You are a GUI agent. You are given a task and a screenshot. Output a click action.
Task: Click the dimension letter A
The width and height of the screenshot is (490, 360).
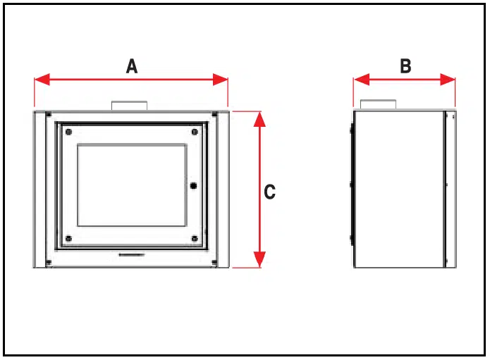coord(132,66)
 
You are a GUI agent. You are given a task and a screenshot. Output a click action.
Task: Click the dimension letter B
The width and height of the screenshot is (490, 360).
coord(405,66)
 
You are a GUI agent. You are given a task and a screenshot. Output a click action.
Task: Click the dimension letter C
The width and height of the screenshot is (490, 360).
coord(270,192)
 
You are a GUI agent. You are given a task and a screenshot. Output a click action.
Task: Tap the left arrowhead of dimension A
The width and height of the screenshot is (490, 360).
coord(42,80)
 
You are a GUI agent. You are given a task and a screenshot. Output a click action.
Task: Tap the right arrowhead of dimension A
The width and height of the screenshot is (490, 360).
coord(220,80)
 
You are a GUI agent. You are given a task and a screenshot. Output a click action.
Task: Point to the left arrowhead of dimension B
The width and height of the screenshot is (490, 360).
coord(362,80)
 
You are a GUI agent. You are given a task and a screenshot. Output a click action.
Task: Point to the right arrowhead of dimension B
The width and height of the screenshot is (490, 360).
coord(448,80)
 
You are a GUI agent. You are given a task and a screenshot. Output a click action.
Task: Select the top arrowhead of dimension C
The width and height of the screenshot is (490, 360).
coord(259,119)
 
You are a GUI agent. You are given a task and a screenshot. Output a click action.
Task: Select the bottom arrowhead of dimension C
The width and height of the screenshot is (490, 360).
coord(259,259)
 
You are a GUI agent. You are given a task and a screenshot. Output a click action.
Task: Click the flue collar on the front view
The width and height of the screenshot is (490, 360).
coord(130,106)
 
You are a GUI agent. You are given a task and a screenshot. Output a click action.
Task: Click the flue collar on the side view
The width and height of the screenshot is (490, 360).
coord(378,104)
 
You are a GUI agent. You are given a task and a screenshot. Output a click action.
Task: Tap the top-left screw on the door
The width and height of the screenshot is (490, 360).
coord(69,132)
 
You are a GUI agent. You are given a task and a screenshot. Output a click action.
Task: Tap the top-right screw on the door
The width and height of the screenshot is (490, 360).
coord(195,132)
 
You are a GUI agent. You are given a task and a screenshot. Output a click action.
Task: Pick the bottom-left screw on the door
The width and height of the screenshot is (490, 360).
coord(69,239)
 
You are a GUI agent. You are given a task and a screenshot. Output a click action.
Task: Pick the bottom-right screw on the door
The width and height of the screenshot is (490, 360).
coord(195,239)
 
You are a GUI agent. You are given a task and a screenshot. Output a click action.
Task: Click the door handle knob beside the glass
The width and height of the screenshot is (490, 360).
coord(193,186)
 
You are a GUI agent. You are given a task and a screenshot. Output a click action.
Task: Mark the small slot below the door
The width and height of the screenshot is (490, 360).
coord(132,255)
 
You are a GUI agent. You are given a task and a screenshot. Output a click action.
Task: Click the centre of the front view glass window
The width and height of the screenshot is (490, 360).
coord(132,185)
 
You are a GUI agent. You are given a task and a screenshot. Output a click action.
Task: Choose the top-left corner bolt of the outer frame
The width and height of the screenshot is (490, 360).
coord(49,114)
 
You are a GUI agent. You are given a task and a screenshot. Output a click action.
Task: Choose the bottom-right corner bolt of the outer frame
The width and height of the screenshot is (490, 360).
coord(215,263)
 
